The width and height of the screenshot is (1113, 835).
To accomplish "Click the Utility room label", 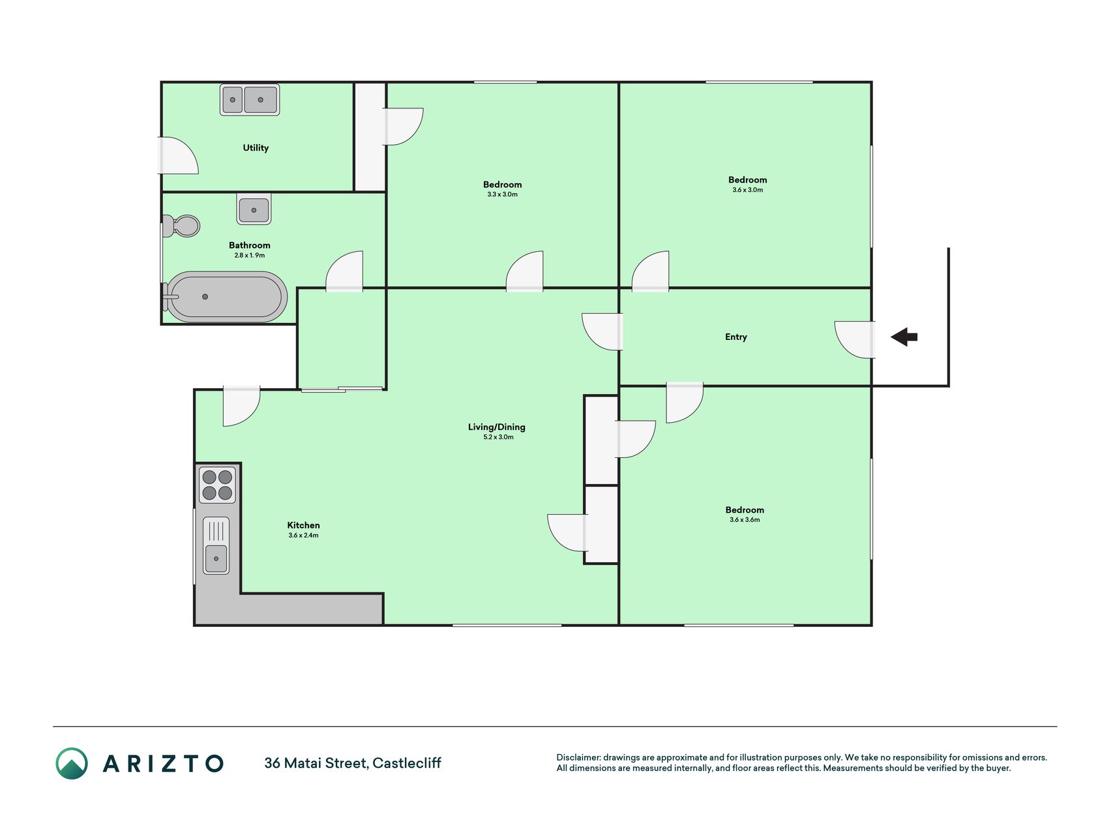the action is [x=256, y=148].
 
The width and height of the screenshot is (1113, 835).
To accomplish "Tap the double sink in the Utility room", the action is [x=250, y=100].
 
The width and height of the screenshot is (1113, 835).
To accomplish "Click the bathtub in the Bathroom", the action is [x=225, y=297].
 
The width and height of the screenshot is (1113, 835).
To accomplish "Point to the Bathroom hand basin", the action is [x=254, y=209].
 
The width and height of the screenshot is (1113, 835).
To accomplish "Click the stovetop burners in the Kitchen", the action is [x=217, y=485].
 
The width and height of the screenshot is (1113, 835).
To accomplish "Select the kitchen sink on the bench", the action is [x=216, y=545].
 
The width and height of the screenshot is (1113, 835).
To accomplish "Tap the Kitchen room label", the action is [x=303, y=525].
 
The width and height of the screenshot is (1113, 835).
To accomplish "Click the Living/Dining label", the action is [x=497, y=427].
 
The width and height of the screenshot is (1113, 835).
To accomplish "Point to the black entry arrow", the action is [x=904, y=337].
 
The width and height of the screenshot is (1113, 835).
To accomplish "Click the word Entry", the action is [x=736, y=337].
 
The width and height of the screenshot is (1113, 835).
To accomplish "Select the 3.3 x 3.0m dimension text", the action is [x=503, y=194].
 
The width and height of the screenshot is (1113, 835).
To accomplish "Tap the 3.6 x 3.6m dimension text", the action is [x=745, y=520].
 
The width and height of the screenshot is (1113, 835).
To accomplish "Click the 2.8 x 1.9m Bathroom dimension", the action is [x=250, y=255].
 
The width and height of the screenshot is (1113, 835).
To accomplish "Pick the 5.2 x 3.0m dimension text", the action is [x=499, y=437].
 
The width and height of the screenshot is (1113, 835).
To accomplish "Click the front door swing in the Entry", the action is [x=855, y=339].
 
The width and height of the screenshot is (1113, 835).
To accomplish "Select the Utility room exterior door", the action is [x=179, y=155].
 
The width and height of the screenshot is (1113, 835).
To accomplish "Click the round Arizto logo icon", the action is [x=72, y=763].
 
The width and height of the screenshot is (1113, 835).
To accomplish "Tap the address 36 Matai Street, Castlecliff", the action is [x=353, y=763].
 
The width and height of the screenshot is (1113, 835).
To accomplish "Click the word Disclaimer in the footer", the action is [x=578, y=757].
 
